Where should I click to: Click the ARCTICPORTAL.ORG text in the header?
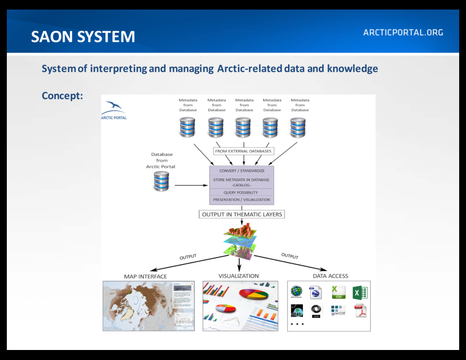[403, 32]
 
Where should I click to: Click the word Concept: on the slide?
[62, 96]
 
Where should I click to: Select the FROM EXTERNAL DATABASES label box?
[243, 151]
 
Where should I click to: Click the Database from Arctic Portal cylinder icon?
[161, 181]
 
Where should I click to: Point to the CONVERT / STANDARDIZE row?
[242, 171]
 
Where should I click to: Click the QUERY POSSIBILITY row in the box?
[241, 193]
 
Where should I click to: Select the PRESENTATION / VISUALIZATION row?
[241, 200]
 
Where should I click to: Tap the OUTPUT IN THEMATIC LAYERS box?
[242, 214]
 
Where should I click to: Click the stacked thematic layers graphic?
[240, 241]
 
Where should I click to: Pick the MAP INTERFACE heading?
[146, 276]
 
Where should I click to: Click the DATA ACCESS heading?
[330, 276]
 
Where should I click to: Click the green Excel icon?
[360, 292]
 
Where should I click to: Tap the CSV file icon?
[339, 292]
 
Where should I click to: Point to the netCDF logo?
[339, 311]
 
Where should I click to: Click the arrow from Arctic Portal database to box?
[191, 185]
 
